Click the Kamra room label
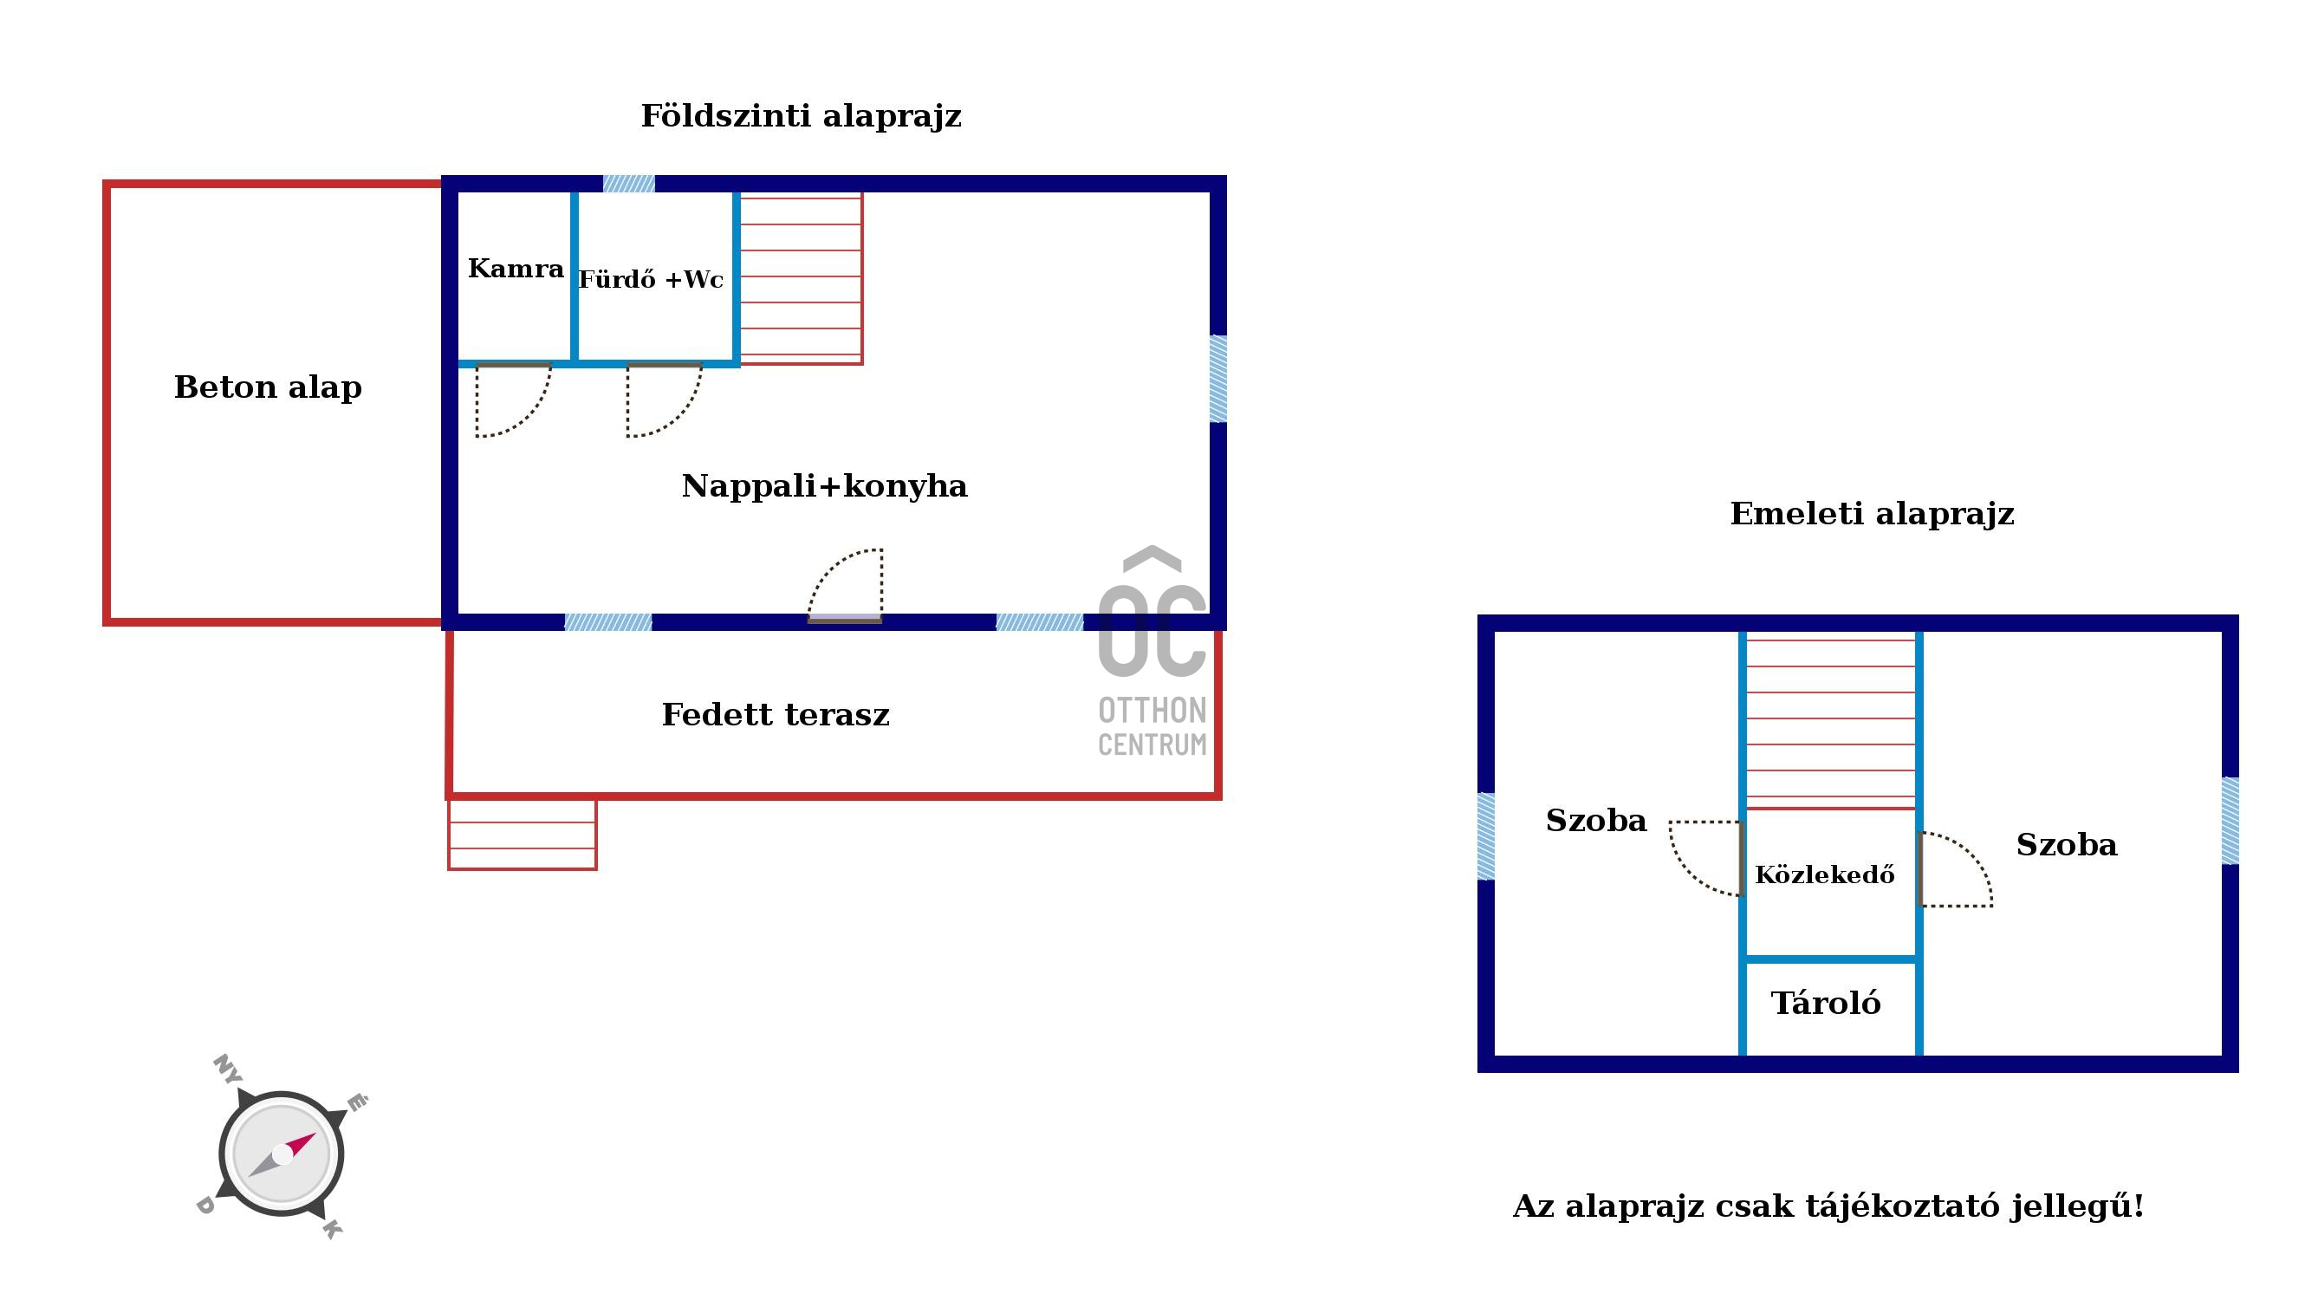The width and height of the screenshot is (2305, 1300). click(516, 269)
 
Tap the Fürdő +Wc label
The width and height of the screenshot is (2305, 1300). click(651, 279)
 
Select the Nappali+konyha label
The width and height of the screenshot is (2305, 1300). click(824, 486)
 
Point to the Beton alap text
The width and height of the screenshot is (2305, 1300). click(268, 387)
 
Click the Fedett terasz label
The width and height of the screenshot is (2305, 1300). click(776, 715)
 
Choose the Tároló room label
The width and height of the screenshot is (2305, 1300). click(1826, 1003)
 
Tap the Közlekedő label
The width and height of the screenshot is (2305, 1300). click(1824, 874)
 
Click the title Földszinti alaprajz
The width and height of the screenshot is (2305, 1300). click(801, 116)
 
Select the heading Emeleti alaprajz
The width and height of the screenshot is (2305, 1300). click(1872, 514)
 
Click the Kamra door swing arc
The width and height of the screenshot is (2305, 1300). click(513, 400)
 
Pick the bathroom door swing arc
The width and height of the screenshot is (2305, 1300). click(664, 400)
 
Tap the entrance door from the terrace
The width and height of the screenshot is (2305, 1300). click(846, 585)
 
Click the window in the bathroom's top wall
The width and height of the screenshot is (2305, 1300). click(629, 184)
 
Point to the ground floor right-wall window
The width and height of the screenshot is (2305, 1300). click(1217, 379)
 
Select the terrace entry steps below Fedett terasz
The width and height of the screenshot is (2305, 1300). click(523, 834)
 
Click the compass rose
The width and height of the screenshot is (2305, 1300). click(282, 1154)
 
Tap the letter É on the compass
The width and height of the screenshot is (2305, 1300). click(356, 1102)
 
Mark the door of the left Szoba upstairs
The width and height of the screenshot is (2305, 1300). click(1706, 859)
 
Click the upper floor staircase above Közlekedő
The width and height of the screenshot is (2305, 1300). click(1831, 721)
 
